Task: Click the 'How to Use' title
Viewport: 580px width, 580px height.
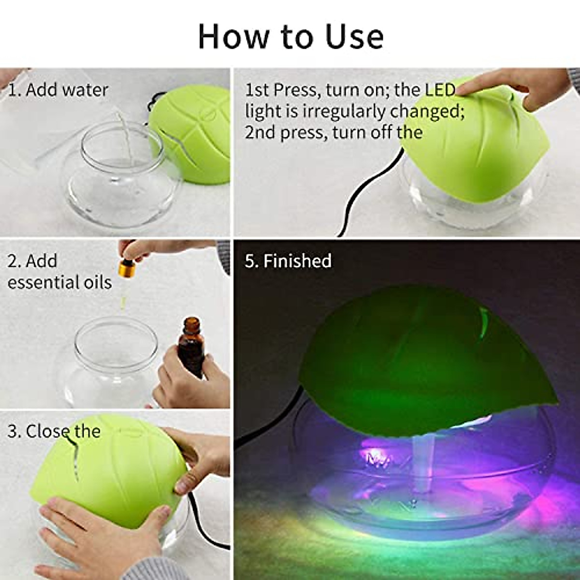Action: tap(290, 37)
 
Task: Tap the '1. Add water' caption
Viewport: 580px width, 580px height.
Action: tap(58, 90)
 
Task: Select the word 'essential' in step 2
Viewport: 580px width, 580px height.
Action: tap(40, 282)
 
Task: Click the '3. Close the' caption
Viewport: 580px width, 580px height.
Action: tap(54, 431)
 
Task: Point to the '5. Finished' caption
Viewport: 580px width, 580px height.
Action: tap(288, 261)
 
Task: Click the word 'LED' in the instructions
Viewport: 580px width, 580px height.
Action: tap(440, 90)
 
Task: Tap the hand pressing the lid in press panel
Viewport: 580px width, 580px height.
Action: tap(522, 89)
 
